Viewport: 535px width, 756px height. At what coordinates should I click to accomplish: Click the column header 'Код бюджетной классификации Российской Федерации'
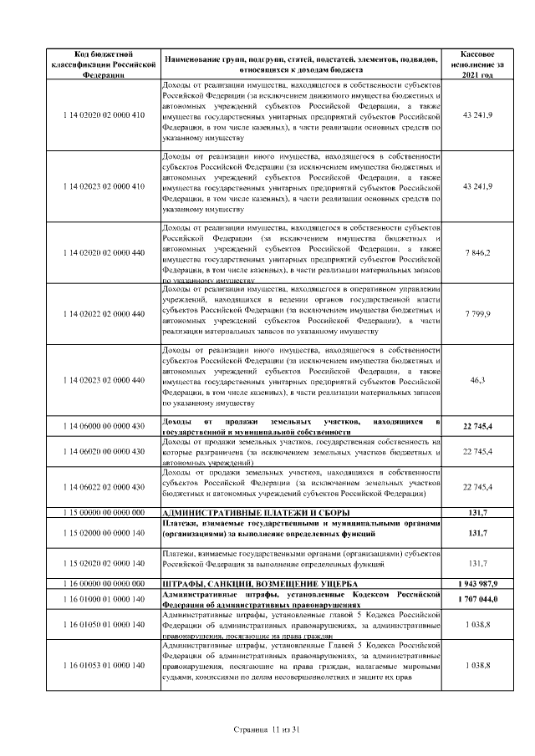(104, 63)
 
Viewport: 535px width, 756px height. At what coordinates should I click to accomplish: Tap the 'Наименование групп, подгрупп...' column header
(301, 63)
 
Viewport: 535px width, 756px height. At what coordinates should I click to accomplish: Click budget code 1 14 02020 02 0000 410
(104, 114)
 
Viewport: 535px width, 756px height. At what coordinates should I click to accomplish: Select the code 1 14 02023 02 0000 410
(104, 185)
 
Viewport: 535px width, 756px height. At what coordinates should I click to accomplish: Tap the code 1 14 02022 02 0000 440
(104, 313)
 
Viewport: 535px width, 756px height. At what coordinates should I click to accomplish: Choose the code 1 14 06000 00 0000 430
(104, 426)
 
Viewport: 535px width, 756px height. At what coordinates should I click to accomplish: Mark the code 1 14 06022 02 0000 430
(104, 486)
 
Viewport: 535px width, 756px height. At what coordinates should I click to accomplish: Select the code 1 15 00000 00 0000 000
(104, 512)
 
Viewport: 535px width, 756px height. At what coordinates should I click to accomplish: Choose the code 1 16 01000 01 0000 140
(104, 598)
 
